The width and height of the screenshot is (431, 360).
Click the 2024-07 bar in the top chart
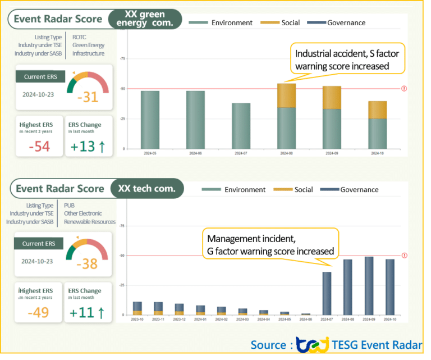[241, 125]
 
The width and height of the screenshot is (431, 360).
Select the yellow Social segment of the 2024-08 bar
[286, 95]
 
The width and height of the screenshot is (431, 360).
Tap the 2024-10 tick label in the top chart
[377, 153]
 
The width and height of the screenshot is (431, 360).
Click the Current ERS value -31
[88, 97]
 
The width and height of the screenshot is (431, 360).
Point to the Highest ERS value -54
[39, 147]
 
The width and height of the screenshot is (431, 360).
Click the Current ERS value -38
[88, 264]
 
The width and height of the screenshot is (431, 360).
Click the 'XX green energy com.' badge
[145, 19]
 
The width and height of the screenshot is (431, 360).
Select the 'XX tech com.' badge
[147, 189]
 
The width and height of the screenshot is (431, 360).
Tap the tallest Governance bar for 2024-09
[369, 285]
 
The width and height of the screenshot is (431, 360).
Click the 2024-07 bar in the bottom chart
[327, 293]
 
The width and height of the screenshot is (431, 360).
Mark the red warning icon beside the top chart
[404, 88]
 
